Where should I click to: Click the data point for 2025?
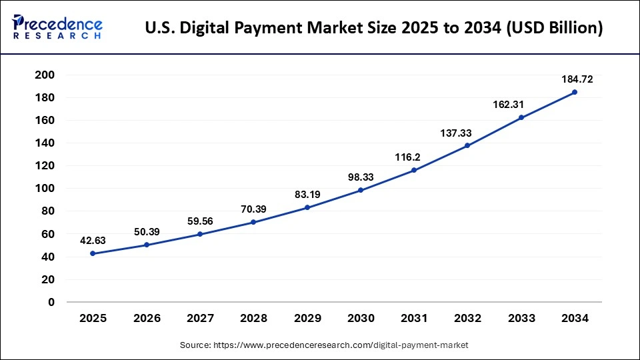[93, 253]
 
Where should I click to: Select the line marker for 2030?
[361, 190]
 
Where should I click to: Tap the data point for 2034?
[575, 92]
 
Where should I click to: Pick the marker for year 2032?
[467, 145]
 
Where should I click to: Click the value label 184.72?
[575, 79]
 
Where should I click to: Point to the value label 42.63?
[93, 241]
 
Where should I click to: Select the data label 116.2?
[414, 157]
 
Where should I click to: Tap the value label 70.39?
[253, 209]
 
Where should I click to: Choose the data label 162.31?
[521, 105]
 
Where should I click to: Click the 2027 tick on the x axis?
[200, 319]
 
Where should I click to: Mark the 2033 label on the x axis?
[521, 319]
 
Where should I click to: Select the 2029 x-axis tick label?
[307, 319]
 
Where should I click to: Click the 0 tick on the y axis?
[51, 302]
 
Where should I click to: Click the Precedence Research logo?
[57, 27]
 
